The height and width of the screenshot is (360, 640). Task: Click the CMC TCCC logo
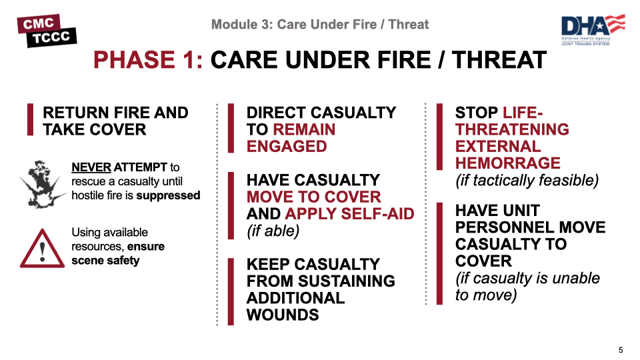coord(47,29)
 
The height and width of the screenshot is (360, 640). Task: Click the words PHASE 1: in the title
coord(148,61)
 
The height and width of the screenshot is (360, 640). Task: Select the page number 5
coord(621,350)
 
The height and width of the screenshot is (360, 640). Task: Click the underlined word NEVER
coord(91,167)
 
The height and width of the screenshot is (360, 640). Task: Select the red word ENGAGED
coord(287,147)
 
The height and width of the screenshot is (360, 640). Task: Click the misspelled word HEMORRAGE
coord(507,163)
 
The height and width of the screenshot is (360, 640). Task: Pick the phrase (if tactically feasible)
coord(527,180)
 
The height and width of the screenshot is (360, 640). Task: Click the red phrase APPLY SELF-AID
coord(349,214)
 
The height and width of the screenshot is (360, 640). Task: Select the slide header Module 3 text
coord(320,25)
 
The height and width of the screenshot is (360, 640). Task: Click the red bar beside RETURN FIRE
coord(29,121)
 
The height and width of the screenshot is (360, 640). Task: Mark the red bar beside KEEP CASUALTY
coord(230,290)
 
